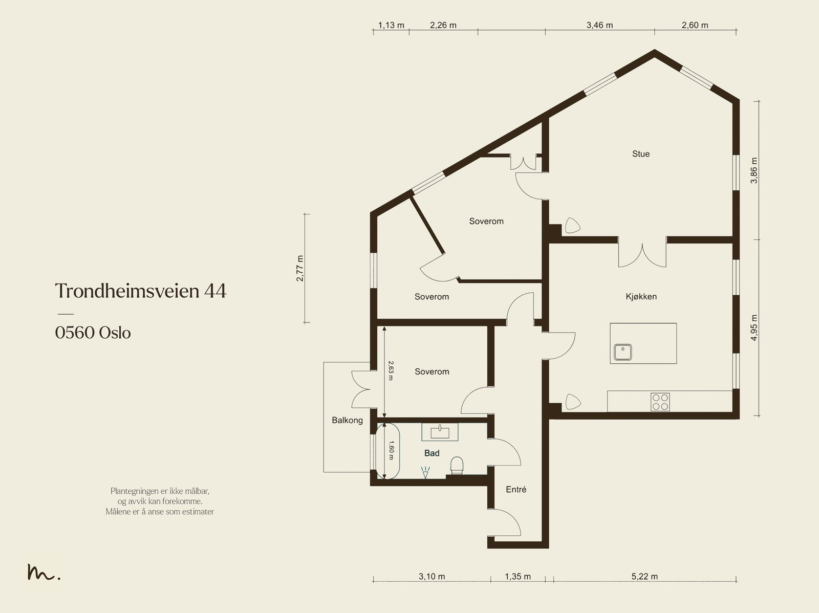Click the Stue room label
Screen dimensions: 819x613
[641, 154]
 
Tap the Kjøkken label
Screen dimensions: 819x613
[641, 296]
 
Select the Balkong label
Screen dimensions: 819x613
[347, 420]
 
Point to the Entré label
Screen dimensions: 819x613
[516, 489]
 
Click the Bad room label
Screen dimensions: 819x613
[432, 453]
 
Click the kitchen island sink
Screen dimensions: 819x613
[623, 352]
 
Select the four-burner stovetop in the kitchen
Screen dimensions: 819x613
[660, 402]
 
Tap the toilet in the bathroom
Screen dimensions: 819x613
[457, 466]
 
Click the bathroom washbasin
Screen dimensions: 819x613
[440, 432]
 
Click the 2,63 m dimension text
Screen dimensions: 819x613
[391, 370]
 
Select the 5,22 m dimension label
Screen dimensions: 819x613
[644, 576]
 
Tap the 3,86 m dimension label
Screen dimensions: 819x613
[754, 170]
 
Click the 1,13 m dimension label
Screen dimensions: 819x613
[391, 25]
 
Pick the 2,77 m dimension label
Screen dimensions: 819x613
[299, 268]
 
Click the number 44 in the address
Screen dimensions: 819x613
[215, 291]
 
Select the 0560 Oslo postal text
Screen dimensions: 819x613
[93, 333]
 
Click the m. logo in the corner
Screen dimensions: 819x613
[44, 572]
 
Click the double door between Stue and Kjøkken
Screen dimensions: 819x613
[642, 254]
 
